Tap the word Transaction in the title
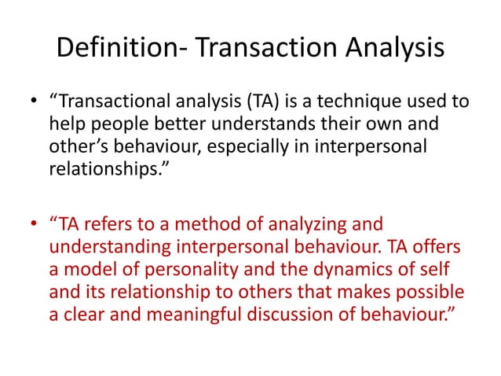click(x=256, y=48)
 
